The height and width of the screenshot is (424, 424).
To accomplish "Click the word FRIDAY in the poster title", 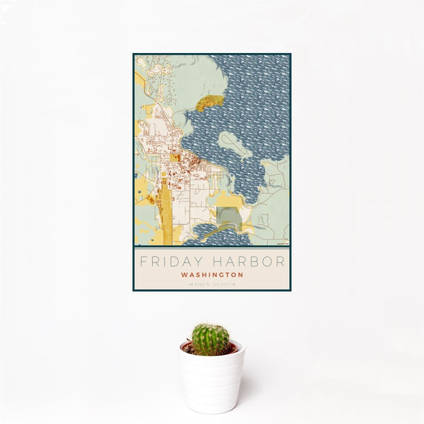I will point(168,261).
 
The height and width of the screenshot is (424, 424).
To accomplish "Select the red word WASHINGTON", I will point(212,275).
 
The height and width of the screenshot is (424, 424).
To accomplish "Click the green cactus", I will point(210,338).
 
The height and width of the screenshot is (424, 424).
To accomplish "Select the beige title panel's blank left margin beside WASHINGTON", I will point(155,275).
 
